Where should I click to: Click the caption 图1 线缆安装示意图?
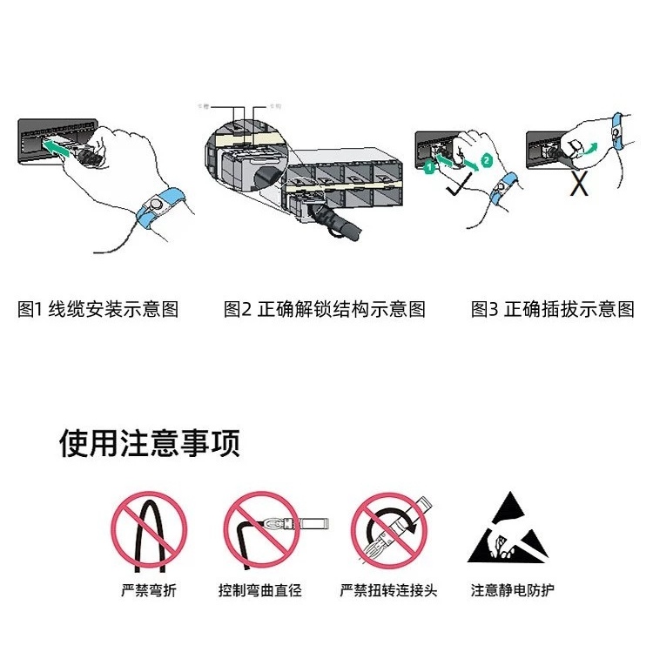[x=98, y=309]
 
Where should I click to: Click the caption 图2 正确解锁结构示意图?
[x=324, y=309]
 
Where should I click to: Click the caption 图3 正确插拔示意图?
[x=552, y=309]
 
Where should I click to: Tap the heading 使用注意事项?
[x=149, y=443]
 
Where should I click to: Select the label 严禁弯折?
[x=148, y=591]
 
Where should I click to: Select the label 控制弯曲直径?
[x=259, y=591]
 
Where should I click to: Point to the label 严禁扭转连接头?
[x=388, y=591]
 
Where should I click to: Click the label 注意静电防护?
[x=512, y=591]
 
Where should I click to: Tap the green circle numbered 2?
[x=487, y=160]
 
